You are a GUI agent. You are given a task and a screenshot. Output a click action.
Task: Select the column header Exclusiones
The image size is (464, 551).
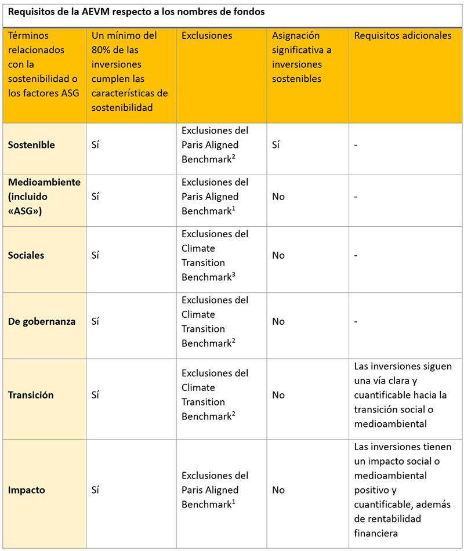tap(207, 36)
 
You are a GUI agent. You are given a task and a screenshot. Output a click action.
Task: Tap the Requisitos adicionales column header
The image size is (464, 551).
tap(403, 36)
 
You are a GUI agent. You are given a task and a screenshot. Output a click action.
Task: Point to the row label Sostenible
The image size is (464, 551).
tap(31, 145)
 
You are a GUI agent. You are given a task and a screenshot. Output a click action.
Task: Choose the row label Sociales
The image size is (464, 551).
tap(26, 255)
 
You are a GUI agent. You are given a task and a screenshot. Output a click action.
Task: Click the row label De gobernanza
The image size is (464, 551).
tap(42, 321)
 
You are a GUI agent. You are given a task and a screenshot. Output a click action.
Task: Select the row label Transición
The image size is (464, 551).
tap(31, 395)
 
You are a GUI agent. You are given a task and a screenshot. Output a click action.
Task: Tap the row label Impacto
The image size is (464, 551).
tap(26, 490)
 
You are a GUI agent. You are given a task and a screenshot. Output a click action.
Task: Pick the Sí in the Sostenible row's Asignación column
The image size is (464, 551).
tap(276, 145)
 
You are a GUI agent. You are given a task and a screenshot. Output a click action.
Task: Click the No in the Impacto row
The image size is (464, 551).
tap(278, 490)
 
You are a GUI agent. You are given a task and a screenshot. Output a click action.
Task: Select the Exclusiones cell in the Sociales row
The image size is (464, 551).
tap(215, 255)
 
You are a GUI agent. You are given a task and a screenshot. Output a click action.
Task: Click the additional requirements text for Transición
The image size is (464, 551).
tap(403, 395)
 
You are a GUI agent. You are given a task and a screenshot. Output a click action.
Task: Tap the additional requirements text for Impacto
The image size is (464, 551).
tap(403, 490)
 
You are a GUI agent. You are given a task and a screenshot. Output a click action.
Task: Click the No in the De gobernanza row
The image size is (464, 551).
tap(278, 321)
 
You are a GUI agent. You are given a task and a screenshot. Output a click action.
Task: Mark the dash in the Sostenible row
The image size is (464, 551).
tap(356, 145)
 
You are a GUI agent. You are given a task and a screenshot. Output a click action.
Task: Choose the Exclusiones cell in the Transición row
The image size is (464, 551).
tap(215, 395)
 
